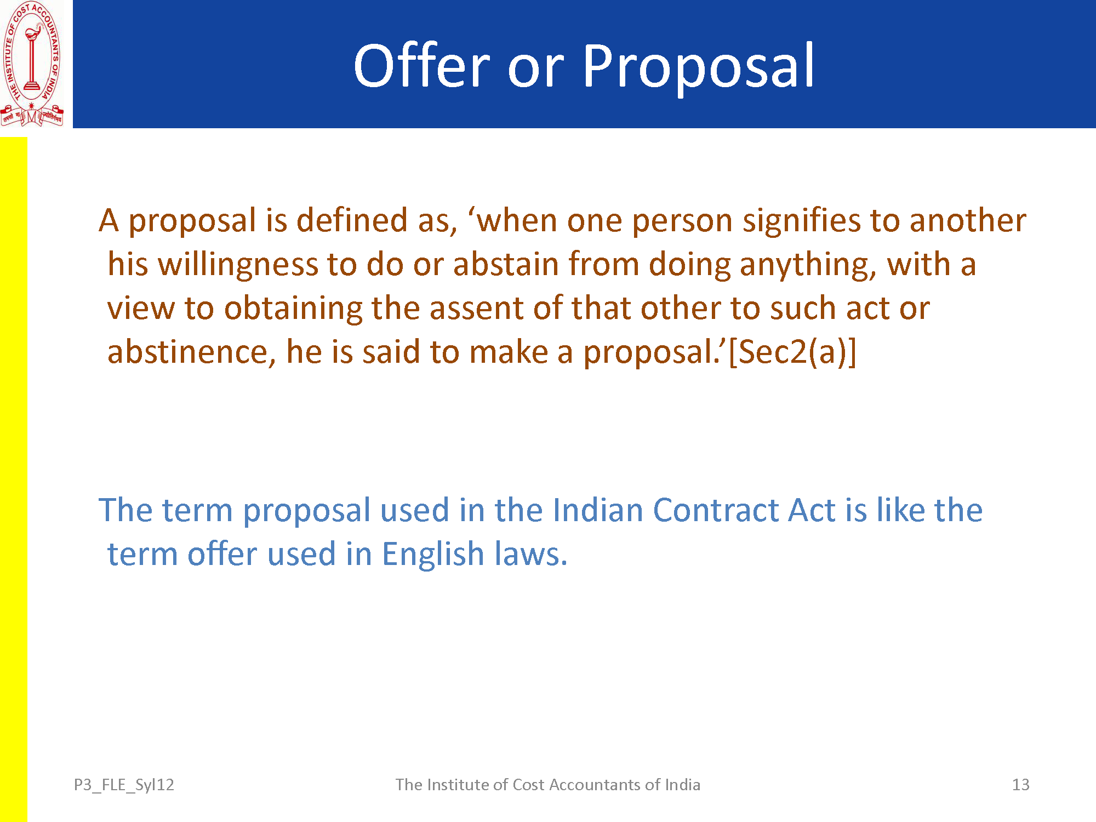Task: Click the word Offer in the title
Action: coord(421,65)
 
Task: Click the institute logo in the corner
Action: coord(32,64)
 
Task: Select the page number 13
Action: coord(1020,785)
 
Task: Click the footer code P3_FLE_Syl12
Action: coord(124,785)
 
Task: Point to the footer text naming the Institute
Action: coord(548,785)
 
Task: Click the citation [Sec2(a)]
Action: coord(792,352)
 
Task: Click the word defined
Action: coord(352,220)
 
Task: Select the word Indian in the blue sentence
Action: coord(597,510)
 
